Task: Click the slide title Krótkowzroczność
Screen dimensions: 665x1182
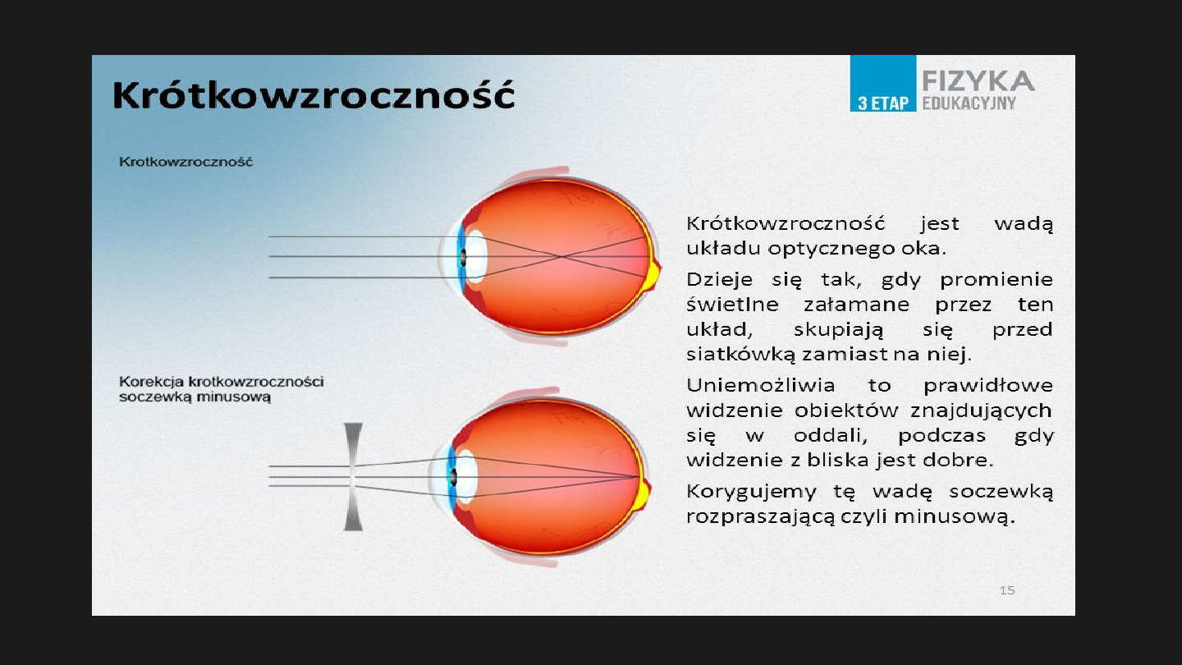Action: click(314, 95)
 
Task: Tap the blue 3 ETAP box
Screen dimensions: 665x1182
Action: click(882, 84)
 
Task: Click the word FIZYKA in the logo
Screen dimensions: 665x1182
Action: click(978, 81)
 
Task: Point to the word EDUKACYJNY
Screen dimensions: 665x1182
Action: click(969, 103)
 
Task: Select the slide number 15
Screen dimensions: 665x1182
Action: click(1007, 590)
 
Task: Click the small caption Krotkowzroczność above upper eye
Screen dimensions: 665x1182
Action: click(186, 162)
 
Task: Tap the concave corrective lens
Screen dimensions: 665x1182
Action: click(353, 476)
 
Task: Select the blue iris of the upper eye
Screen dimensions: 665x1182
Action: click(460, 256)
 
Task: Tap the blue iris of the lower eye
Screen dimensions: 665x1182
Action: click(451, 476)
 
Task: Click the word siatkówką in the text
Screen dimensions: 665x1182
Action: click(730, 355)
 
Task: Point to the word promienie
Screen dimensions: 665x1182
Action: click(996, 281)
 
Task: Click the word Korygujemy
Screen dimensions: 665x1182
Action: click(740, 493)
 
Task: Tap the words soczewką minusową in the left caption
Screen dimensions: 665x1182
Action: click(195, 397)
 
